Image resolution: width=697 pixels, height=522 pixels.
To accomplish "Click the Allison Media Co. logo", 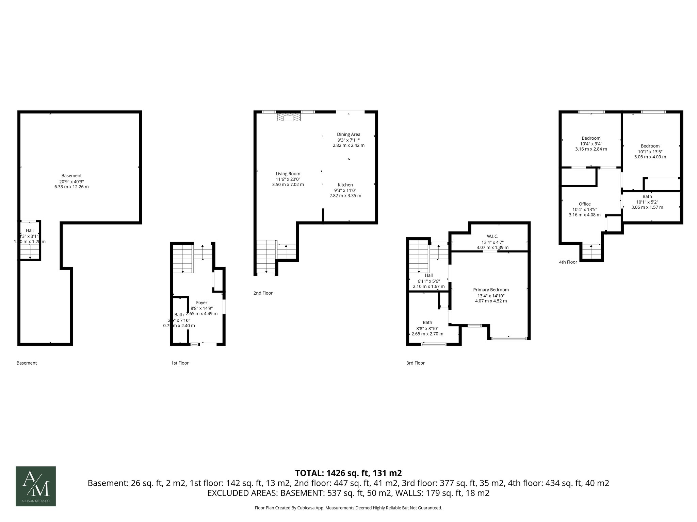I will point(36,486).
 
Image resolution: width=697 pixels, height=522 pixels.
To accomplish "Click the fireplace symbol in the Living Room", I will point(289,118).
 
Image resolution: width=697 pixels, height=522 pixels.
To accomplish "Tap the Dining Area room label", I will point(348,134).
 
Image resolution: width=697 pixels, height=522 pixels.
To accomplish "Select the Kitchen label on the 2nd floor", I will point(345,185).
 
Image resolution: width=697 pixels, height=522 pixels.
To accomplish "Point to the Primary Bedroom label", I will point(491,290).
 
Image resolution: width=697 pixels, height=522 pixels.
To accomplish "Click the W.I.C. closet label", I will point(492,236).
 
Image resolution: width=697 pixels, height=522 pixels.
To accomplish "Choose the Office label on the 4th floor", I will point(585,204).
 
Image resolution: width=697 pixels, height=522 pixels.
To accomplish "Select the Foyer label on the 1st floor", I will point(201,302).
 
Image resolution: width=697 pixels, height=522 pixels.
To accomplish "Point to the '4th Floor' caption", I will point(568,262).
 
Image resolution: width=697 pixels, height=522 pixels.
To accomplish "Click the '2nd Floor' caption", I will point(263,293).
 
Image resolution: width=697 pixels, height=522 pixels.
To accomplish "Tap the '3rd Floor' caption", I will point(415,363).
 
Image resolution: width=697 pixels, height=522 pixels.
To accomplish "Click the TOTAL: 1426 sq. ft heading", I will point(348,473).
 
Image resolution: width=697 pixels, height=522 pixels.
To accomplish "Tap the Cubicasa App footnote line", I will point(348,508).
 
